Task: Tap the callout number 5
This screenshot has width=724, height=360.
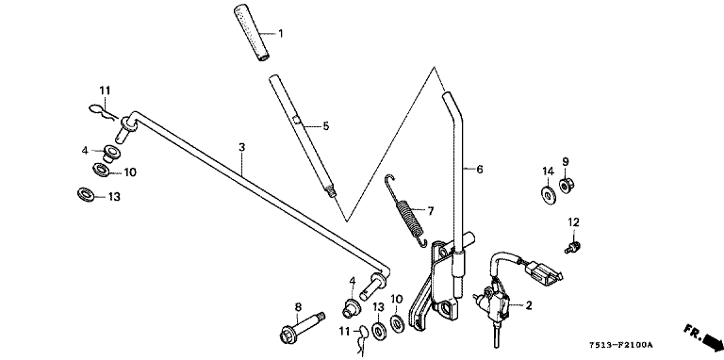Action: click(x=326, y=126)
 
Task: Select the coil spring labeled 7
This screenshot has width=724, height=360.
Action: click(x=406, y=210)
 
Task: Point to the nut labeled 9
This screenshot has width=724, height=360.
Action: click(x=566, y=186)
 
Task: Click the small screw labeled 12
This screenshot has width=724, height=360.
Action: click(x=572, y=247)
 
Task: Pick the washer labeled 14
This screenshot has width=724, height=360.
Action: click(x=549, y=195)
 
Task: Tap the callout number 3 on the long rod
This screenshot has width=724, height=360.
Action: click(x=241, y=148)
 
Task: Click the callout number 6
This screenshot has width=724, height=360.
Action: click(x=479, y=170)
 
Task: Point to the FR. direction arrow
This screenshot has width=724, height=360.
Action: click(x=703, y=337)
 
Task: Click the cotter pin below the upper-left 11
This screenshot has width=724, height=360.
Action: click(x=104, y=112)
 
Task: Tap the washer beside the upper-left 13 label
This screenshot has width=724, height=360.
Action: click(x=86, y=193)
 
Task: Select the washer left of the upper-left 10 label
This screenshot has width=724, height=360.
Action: click(x=101, y=170)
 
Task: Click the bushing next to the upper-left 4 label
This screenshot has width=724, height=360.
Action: click(x=111, y=153)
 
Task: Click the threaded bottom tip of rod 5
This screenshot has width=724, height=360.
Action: click(x=332, y=190)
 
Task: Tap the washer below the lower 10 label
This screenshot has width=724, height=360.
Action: click(x=397, y=322)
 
